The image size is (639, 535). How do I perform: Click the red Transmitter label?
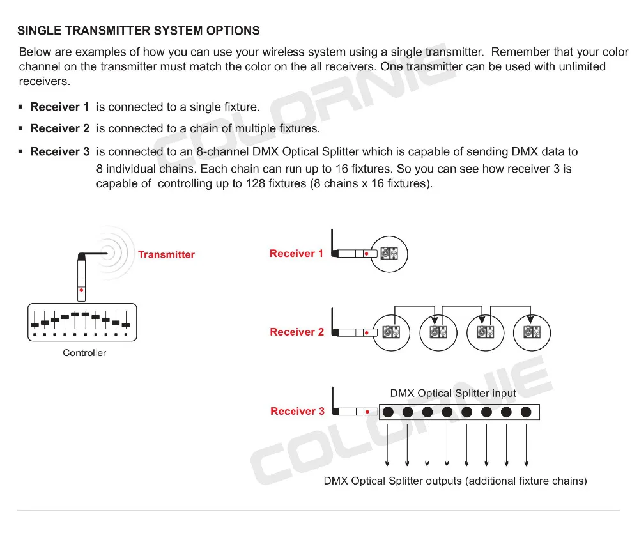[166, 254]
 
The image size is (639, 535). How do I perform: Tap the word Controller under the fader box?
[84, 353]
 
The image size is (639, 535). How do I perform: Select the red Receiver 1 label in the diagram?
[292, 254]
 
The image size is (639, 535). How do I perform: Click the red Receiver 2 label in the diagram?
[292, 332]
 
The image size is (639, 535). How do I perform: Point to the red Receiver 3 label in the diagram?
[293, 412]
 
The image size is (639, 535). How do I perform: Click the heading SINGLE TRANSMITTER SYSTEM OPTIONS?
[138, 30]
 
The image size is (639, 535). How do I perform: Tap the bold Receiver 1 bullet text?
[59, 106]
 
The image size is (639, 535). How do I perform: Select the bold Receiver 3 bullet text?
[59, 152]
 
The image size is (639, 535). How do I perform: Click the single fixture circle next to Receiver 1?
[389, 254]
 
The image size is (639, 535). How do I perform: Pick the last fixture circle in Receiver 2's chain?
[532, 332]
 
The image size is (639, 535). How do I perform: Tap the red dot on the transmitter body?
[81, 290]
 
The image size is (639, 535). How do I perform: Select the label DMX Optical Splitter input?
[453, 394]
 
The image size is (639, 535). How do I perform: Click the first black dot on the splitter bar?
[389, 412]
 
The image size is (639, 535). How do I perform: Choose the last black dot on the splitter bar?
[526, 412]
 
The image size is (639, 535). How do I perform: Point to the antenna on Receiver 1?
[332, 242]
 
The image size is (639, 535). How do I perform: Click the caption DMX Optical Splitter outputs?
[455, 481]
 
